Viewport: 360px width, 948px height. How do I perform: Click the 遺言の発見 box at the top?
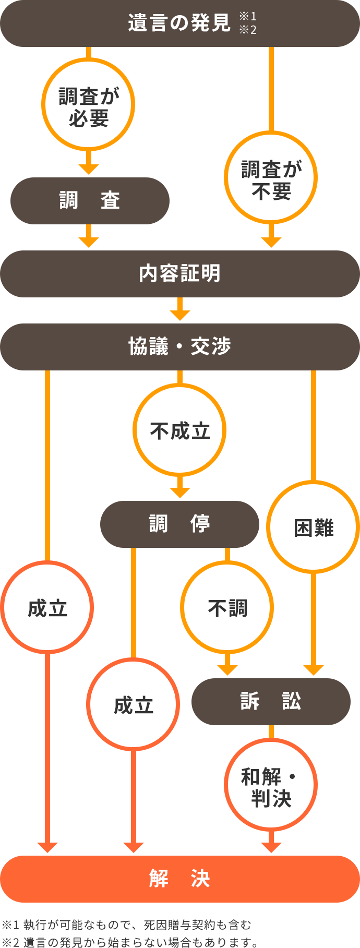(x=180, y=23)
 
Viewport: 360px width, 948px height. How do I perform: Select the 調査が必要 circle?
(x=88, y=104)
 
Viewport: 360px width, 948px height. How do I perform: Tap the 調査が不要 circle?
(x=271, y=177)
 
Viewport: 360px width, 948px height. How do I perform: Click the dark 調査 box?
(x=90, y=201)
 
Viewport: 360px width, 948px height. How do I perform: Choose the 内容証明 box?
(x=180, y=274)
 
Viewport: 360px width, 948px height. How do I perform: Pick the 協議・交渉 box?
(x=180, y=347)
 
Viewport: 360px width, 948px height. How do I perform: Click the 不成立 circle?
(x=179, y=430)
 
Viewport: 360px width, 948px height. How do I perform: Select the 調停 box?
(x=179, y=524)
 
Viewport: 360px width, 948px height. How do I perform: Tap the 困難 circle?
(x=313, y=527)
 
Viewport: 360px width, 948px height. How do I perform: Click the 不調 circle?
(x=227, y=607)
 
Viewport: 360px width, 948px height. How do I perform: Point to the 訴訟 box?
(x=271, y=701)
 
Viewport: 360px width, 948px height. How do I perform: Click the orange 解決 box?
(x=180, y=879)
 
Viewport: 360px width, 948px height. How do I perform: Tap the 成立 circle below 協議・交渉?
(x=47, y=607)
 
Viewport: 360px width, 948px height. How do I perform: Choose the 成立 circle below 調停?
(x=133, y=704)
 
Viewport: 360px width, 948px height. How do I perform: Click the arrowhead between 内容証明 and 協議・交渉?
(x=180, y=315)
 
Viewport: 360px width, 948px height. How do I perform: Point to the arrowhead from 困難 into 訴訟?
(x=313, y=670)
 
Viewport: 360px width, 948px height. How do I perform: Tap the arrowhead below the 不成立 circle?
(x=180, y=493)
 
